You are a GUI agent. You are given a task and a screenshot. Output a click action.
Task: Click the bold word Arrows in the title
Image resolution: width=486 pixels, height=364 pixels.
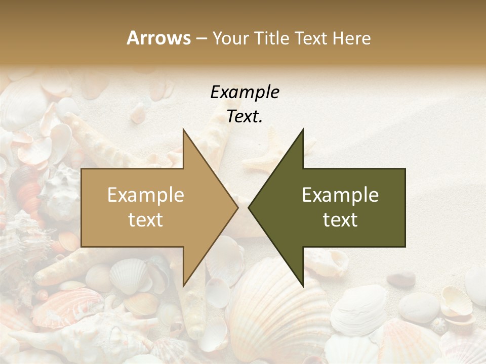point(158,38)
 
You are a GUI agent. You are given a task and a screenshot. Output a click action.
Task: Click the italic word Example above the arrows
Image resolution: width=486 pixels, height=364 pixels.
point(245,93)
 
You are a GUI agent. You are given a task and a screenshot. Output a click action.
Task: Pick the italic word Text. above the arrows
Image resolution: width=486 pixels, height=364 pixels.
point(245,117)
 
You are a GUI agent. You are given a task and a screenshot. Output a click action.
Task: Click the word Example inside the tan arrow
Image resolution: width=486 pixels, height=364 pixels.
point(145,195)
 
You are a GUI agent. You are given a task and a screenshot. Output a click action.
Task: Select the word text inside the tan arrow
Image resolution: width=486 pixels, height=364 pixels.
point(145,220)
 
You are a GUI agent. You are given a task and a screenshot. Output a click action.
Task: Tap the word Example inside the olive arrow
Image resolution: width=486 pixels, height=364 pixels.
point(340,195)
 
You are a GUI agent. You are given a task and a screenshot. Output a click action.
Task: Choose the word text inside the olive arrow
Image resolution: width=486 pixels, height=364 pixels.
point(340,220)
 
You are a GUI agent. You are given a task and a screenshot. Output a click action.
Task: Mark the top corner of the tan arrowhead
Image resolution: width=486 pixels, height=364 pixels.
point(183,129)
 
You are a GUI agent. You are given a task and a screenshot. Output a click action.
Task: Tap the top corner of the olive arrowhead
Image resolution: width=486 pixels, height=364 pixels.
point(303,129)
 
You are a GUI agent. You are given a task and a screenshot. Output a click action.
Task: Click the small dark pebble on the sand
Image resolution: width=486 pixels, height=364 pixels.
point(403,278)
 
